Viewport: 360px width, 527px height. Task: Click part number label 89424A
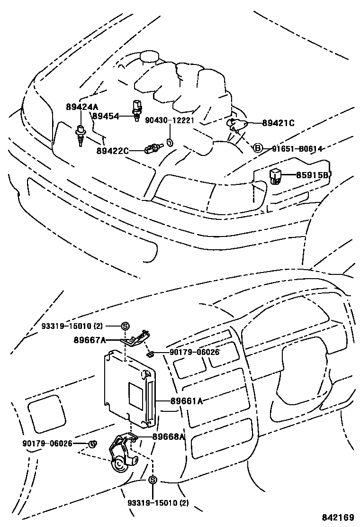pos(82,108)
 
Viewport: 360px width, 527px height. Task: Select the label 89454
pos(106,116)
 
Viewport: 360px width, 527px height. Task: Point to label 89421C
pos(279,123)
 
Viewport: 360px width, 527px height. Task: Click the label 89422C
pos(112,151)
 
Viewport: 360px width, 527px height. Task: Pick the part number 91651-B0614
pos(297,149)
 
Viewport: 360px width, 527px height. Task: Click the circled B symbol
pos(258,149)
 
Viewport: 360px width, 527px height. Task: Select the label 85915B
pos(313,175)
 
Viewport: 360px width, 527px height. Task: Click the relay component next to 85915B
pos(276,176)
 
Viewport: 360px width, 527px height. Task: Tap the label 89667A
pos(90,339)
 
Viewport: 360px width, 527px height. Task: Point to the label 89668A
pos(169,437)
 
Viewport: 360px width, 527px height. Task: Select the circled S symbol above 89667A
pos(125,326)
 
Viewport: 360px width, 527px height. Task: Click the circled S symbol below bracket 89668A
pos(153,480)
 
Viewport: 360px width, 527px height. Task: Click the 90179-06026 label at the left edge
pos(47,444)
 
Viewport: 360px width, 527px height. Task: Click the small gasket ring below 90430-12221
pos(170,142)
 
